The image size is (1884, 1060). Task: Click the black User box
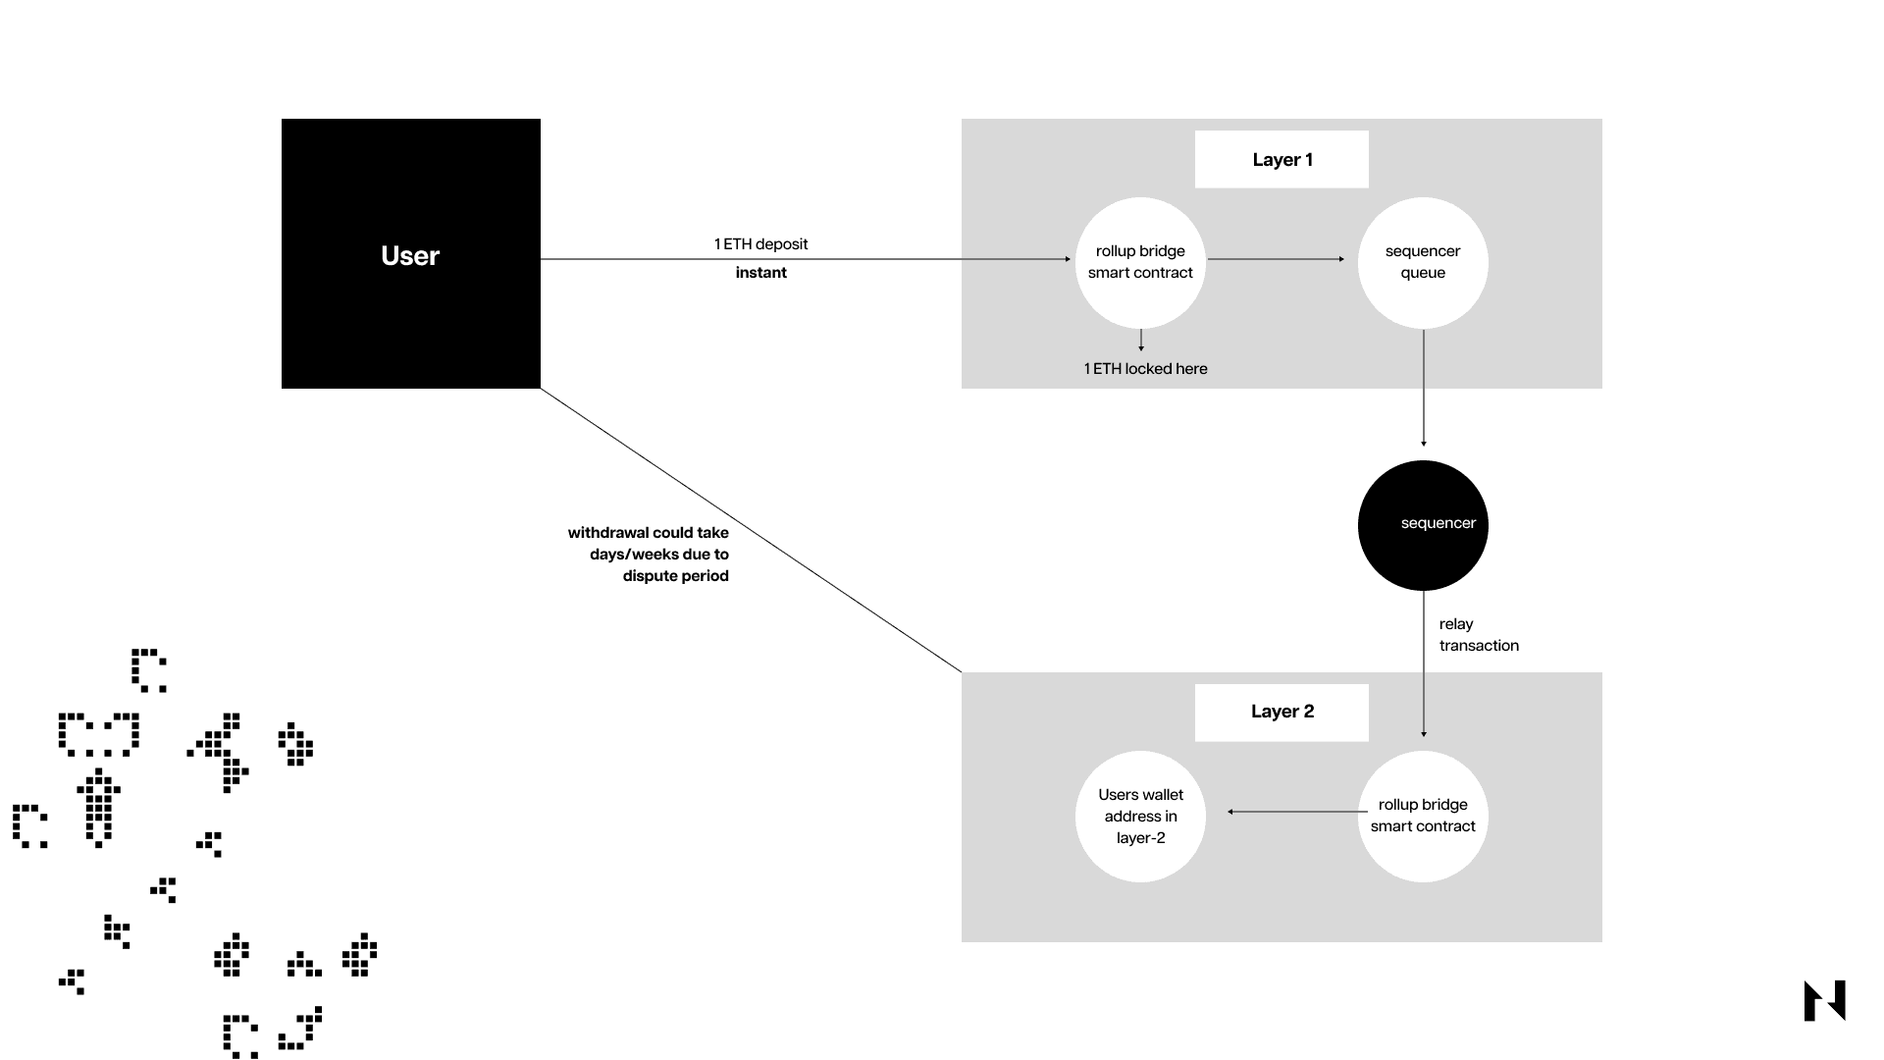(x=410, y=253)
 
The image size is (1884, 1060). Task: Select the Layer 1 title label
(x=1282, y=160)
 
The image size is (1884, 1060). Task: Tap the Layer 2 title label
(x=1282, y=712)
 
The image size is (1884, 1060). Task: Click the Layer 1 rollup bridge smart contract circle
(x=1140, y=262)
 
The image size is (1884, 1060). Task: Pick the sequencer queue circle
(x=1423, y=262)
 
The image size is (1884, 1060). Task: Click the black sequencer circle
(x=1423, y=525)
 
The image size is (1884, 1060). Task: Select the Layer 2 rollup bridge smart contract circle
(x=1423, y=816)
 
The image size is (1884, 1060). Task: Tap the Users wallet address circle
(x=1140, y=816)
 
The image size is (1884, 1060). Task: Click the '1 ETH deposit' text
(x=760, y=244)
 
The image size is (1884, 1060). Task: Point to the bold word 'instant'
(x=760, y=273)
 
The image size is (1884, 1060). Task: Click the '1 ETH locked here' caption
(x=1145, y=369)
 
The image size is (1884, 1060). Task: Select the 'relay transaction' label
(x=1478, y=635)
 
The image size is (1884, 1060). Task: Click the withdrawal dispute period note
(x=649, y=555)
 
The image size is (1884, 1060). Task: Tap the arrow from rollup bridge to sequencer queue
(x=1276, y=259)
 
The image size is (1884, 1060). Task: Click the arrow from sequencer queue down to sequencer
(x=1424, y=388)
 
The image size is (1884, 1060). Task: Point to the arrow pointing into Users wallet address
(x=1295, y=812)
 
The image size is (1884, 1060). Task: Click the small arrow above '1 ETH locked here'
(x=1141, y=341)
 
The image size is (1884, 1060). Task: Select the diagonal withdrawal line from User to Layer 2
(x=751, y=530)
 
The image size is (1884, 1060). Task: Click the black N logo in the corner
(x=1824, y=1001)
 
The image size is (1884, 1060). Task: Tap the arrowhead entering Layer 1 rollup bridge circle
(x=1068, y=259)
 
